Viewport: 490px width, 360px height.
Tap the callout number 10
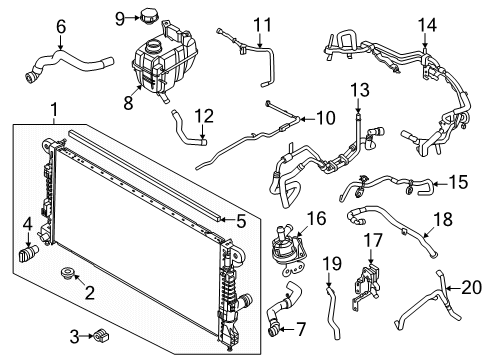pos(326,118)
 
